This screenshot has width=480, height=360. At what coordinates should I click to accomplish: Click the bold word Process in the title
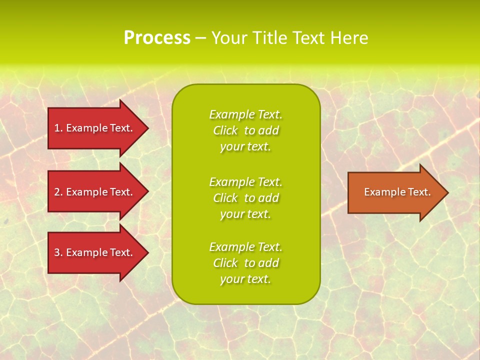click(157, 38)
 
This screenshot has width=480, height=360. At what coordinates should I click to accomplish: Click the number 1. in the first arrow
click(58, 128)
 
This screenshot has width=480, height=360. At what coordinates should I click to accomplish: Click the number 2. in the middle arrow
click(58, 192)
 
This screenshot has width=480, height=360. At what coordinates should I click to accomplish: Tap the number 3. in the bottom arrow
click(58, 252)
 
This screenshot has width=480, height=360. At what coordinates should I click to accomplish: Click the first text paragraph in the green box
click(245, 130)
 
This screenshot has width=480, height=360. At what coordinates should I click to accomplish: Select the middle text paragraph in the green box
click(245, 198)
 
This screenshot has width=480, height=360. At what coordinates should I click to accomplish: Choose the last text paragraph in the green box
click(245, 263)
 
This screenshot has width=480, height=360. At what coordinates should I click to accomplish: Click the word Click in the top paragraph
click(225, 130)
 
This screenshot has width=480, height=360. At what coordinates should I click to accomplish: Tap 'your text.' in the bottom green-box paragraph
click(245, 279)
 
